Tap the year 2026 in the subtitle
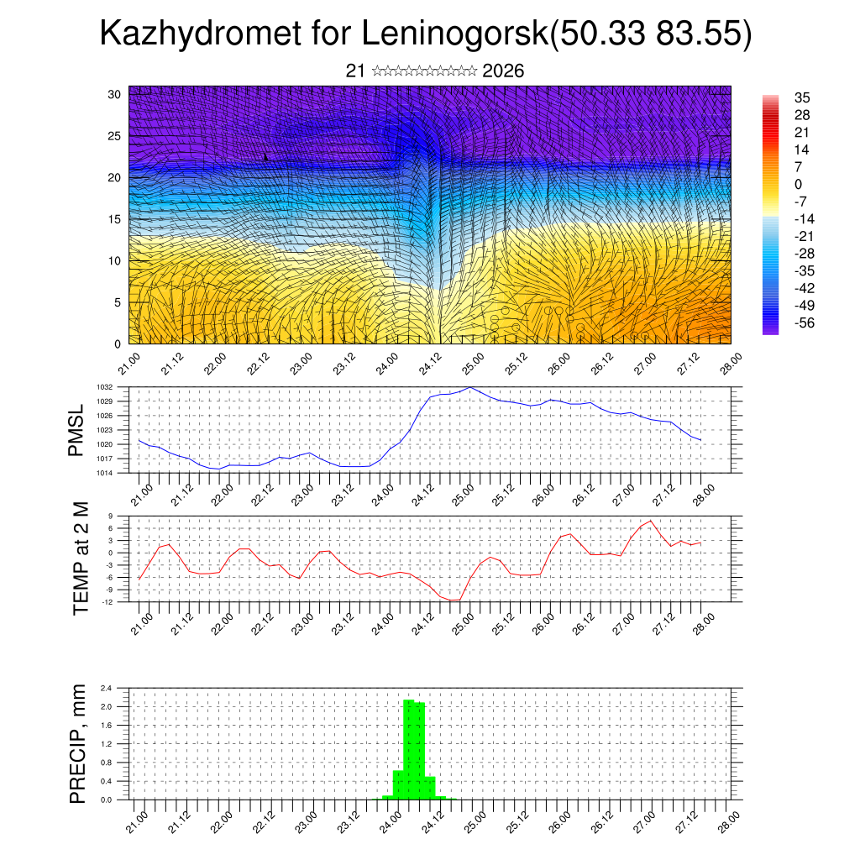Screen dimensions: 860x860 coord(503,71)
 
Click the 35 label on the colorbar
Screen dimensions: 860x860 coord(802,97)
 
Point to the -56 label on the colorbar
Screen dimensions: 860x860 coord(805,322)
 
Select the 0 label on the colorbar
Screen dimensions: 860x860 coord(798,184)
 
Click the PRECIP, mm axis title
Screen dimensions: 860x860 coord(78,744)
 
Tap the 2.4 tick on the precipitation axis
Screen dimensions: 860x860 coord(107,688)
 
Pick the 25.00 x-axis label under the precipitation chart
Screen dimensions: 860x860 coord(476,817)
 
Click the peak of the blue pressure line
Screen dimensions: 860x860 coord(469,388)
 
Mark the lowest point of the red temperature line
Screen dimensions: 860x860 coord(454,600)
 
